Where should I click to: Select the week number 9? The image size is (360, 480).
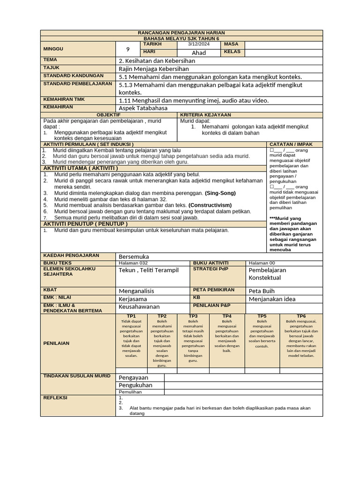tap(127, 49)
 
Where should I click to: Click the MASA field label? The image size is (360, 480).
tap(231, 44)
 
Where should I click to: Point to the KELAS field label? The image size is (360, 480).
tap(232, 52)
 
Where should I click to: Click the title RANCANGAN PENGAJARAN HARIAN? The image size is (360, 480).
tap(181, 33)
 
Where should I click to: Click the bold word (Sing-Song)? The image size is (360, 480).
tap(220, 193)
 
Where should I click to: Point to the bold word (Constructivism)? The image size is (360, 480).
tap(210, 205)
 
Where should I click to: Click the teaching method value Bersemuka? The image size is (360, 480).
tap(134, 256)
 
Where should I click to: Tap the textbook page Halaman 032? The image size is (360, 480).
tap(133, 263)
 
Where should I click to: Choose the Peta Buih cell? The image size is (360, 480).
tap(262, 291)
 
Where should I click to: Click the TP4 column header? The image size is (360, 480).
tap(227, 316)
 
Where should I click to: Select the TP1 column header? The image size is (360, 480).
tap(131, 316)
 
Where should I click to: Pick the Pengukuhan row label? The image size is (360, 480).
tap(135, 385)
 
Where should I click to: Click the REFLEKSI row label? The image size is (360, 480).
tap(55, 398)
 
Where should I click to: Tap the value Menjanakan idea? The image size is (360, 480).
tap(272, 299)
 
